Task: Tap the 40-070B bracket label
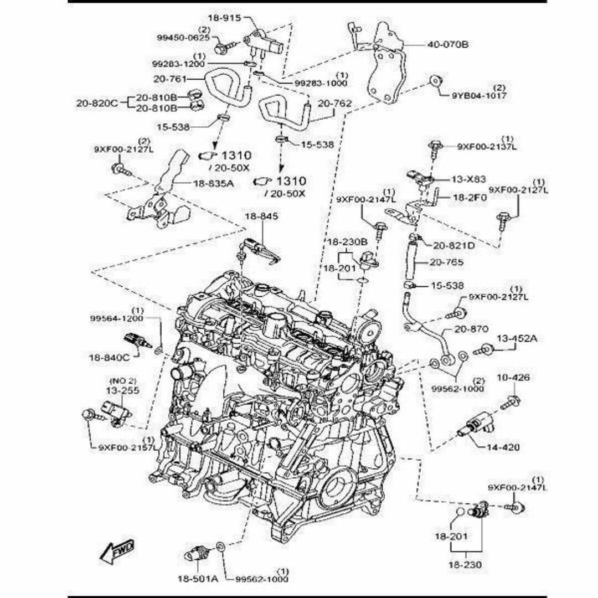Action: click(447, 44)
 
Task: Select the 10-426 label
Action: click(513, 378)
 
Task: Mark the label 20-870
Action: click(471, 329)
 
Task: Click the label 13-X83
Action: click(468, 179)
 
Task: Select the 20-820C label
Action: click(97, 102)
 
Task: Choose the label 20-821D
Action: click(453, 245)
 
